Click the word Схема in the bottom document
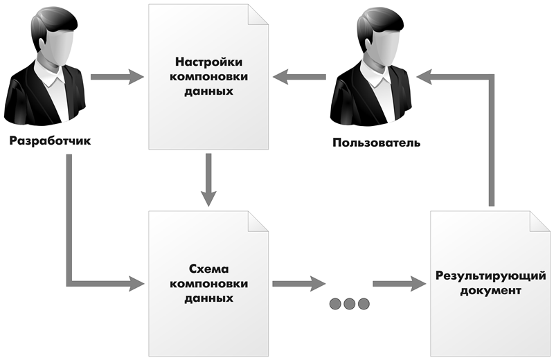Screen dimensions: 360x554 click(208, 269)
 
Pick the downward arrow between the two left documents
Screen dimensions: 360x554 click(208, 180)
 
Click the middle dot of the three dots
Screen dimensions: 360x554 click(349, 303)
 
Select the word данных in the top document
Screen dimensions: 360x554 click(208, 91)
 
